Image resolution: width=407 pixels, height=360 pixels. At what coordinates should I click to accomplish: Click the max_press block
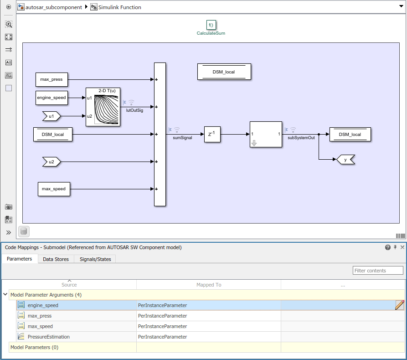point(52,79)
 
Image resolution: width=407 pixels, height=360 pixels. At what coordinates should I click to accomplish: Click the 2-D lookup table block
point(103,107)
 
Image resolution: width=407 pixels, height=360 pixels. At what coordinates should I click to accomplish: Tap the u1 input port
point(51,116)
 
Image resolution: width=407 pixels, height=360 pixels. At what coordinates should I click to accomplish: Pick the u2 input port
point(51,162)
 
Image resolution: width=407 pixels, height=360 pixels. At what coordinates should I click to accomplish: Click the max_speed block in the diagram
point(54,189)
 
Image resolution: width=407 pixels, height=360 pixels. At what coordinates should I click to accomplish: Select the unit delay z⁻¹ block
point(212,134)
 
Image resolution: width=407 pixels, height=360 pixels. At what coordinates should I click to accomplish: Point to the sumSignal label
point(182,137)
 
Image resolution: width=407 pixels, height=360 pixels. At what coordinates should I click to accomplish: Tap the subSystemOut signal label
point(301,137)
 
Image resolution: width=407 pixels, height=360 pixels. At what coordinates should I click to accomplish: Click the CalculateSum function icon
point(211,25)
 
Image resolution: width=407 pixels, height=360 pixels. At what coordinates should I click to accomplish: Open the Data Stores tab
point(56,259)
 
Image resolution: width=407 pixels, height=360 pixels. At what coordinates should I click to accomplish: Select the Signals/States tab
point(95,259)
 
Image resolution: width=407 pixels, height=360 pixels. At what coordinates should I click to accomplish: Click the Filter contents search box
point(378,271)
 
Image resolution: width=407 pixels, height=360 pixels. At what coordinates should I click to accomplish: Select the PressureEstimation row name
point(49,337)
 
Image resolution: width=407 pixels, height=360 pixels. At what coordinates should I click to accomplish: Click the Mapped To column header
point(209,285)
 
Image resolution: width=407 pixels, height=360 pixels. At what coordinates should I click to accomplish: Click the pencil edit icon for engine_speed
point(400,305)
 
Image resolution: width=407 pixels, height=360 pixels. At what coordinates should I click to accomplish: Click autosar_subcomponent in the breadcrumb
point(53,7)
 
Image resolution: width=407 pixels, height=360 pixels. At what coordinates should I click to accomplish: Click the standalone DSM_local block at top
point(224,72)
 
